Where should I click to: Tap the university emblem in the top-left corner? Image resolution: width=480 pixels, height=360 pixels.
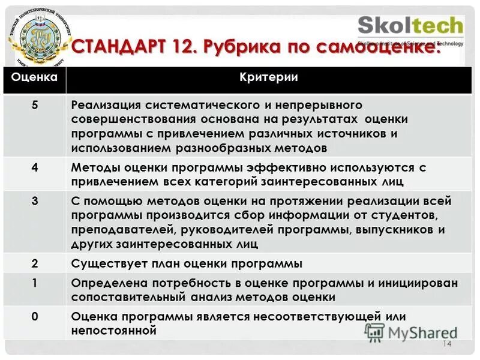click(40, 37)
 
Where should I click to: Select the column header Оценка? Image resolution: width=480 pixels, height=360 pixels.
click(35, 77)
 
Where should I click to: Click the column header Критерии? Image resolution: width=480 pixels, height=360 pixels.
click(268, 77)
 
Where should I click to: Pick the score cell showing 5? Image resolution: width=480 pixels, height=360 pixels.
click(35, 105)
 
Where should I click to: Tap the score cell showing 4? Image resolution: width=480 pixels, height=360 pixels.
click(35, 167)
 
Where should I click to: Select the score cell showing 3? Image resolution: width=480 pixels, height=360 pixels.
click(35, 201)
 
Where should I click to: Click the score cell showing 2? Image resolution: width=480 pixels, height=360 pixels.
click(35, 263)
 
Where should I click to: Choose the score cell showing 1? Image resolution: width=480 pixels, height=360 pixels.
click(35, 282)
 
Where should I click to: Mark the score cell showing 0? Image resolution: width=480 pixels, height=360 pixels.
click(35, 316)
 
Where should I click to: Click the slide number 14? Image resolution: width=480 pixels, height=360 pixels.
click(446, 344)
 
